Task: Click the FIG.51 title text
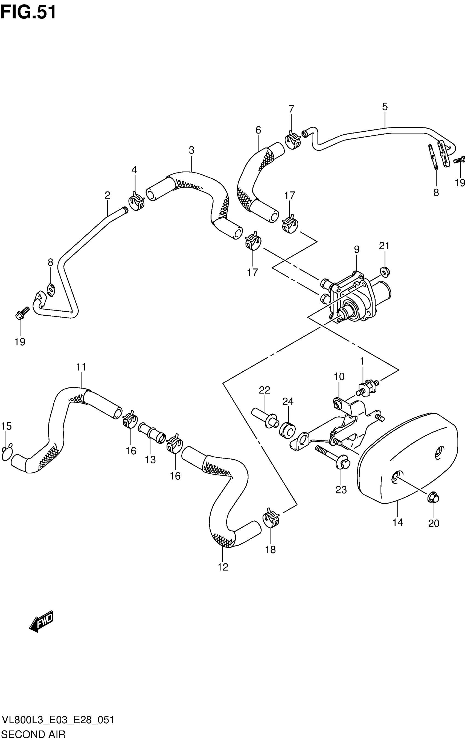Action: click(x=28, y=13)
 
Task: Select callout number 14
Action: click(x=397, y=522)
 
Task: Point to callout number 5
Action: click(x=385, y=107)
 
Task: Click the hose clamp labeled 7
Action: click(x=292, y=140)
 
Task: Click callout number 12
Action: click(x=223, y=567)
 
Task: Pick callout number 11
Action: click(x=81, y=367)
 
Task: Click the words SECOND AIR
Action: click(x=34, y=735)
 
